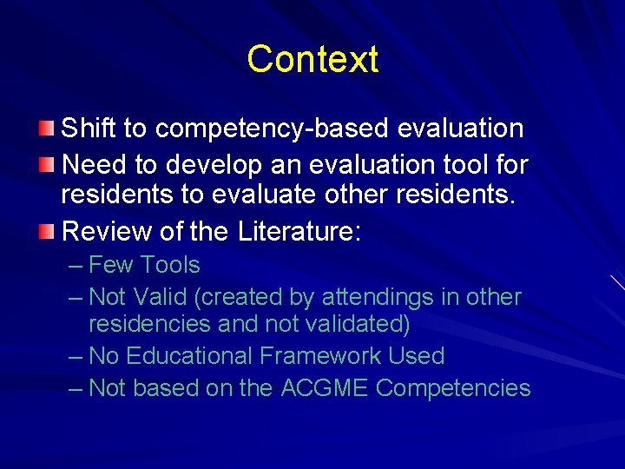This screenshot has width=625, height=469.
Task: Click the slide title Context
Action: tap(312, 60)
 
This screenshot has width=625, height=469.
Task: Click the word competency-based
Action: tap(272, 129)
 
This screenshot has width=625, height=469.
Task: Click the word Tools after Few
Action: tap(170, 265)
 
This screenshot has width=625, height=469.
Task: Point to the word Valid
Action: tap(163, 297)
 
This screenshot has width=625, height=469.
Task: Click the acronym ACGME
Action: tap(325, 388)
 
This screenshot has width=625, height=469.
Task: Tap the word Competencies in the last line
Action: tap(453, 388)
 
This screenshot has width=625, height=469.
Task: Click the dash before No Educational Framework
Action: tap(76, 356)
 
